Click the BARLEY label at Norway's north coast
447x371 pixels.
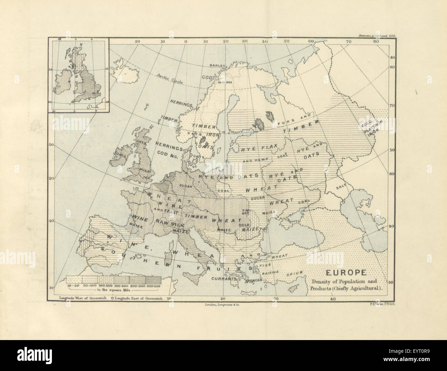218,65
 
